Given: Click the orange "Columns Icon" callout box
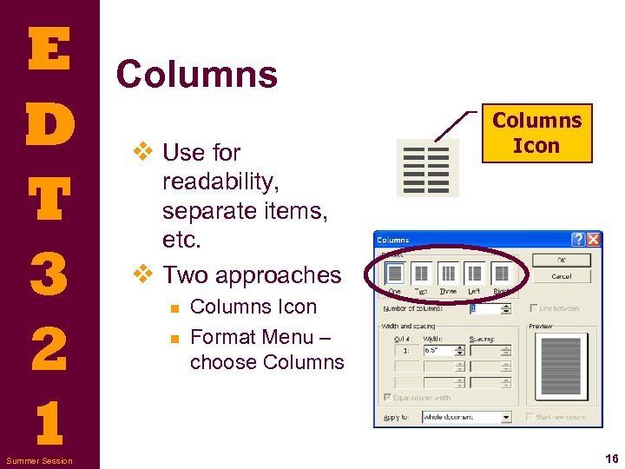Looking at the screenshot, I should [536, 133].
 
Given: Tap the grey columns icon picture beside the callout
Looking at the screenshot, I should [428, 168].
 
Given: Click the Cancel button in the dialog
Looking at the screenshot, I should [561, 276].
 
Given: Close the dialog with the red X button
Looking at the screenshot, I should [593, 239].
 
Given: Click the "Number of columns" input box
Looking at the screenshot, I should [489, 307].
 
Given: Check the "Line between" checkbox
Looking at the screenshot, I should [533, 308].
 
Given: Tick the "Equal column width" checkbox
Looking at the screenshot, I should [386, 398].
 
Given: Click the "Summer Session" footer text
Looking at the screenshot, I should [39, 460].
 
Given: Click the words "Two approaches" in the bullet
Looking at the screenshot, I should [252, 274].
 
